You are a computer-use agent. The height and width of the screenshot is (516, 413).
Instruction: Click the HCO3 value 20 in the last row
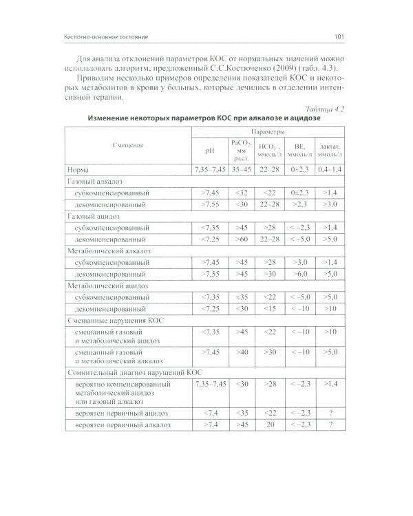pyautogui.click(x=270, y=426)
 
